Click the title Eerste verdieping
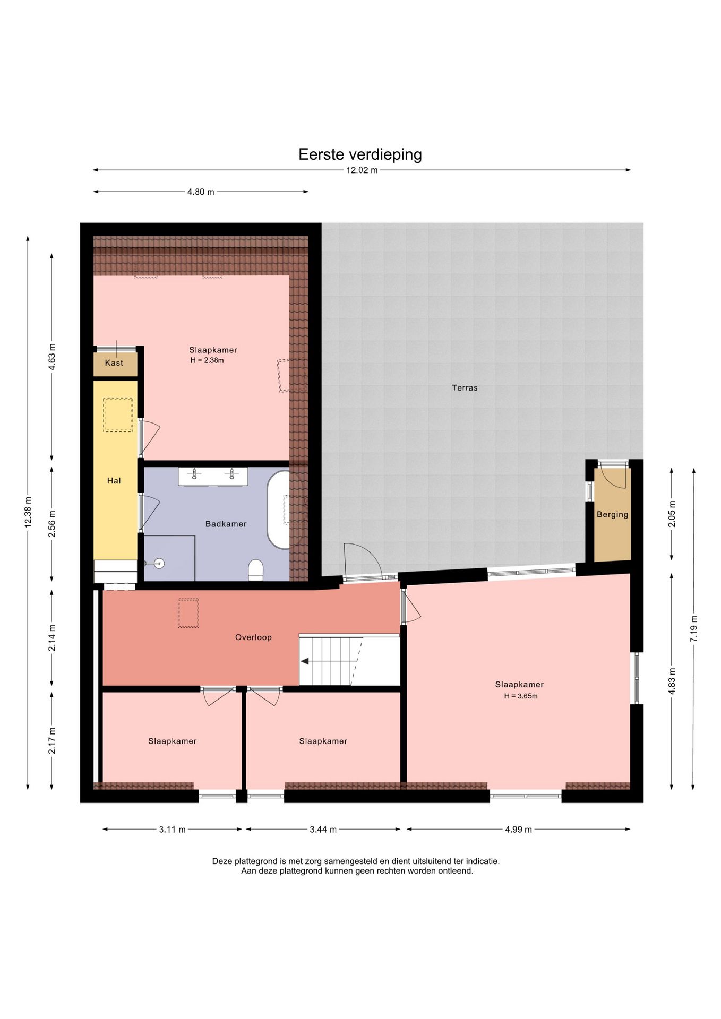pos(360,154)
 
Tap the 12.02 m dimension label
pos(362,170)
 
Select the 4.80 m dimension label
pos(201,192)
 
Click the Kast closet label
pos(114,363)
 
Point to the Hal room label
pos(114,481)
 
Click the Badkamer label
pos(226,524)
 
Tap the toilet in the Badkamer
pos(256,570)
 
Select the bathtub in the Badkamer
pos(278,509)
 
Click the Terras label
pos(465,388)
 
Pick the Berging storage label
pos(613,514)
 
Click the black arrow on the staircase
pos(305,661)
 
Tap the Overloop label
pos(253,637)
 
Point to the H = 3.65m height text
pos(521,696)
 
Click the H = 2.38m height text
pos(207,361)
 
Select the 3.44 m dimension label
pos(323,830)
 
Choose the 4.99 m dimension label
pos(518,830)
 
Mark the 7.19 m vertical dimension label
pos(693,629)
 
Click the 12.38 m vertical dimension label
pos(28,512)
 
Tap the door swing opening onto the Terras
pos(363,560)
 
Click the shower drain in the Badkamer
pos(159,563)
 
